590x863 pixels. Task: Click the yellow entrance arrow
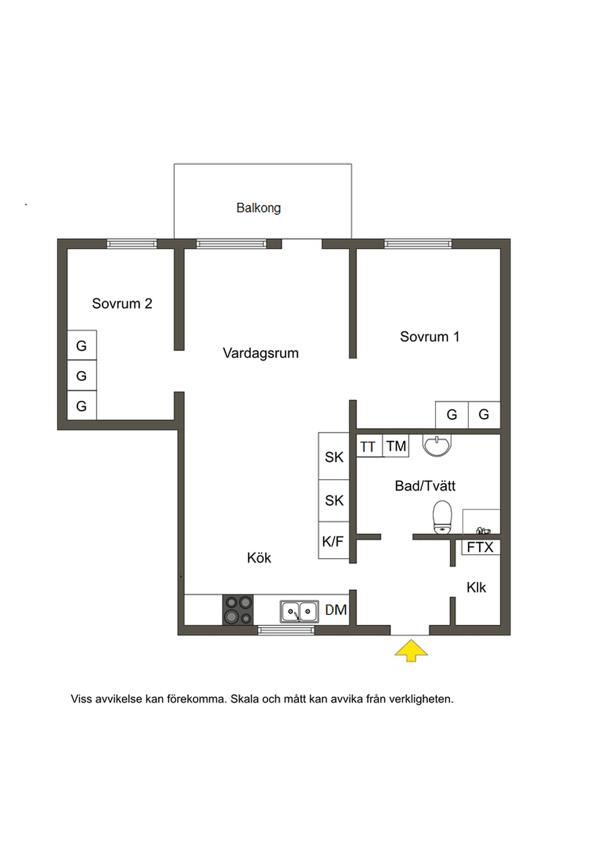click(x=411, y=651)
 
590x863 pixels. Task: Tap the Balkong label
click(x=259, y=208)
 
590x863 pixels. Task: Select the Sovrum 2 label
click(x=122, y=304)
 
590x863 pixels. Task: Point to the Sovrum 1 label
click(x=430, y=337)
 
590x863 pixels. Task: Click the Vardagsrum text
click(x=261, y=353)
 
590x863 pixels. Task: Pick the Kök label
click(x=259, y=557)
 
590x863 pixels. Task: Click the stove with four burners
click(x=238, y=610)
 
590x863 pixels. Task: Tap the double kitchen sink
click(x=299, y=611)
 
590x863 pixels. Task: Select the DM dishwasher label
click(x=336, y=610)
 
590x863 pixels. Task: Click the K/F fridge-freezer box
click(x=334, y=540)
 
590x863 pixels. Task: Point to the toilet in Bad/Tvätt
click(x=442, y=518)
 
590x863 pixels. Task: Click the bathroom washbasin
click(x=437, y=445)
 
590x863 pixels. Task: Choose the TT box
click(x=370, y=446)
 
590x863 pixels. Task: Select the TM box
click(x=396, y=446)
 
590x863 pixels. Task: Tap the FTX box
click(x=481, y=547)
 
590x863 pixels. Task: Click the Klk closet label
click(x=476, y=587)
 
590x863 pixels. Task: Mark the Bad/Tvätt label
click(x=425, y=486)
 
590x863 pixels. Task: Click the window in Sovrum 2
click(x=132, y=243)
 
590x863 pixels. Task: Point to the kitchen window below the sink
click(x=286, y=630)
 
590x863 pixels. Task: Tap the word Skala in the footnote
click(x=244, y=699)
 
